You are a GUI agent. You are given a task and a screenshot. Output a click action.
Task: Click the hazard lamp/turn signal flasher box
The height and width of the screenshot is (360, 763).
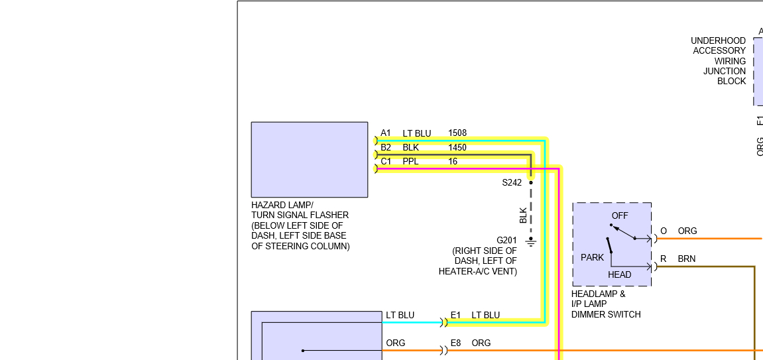click(x=309, y=159)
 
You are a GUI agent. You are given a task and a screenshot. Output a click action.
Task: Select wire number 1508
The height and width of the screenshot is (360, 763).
click(x=457, y=133)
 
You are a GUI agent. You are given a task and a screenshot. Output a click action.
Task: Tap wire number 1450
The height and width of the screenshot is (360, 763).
click(x=457, y=147)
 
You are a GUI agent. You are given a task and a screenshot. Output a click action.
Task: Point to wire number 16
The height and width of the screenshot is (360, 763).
click(x=453, y=161)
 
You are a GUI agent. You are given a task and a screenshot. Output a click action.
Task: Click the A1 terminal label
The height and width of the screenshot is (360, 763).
click(x=386, y=133)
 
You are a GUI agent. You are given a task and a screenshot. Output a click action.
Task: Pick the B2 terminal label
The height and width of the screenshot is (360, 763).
click(x=386, y=147)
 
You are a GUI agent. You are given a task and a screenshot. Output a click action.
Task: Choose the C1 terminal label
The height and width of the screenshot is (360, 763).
click(x=386, y=161)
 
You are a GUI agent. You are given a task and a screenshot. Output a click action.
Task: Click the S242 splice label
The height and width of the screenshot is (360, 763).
click(x=512, y=182)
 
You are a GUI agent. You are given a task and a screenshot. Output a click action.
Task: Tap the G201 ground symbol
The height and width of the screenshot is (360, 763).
click(x=531, y=243)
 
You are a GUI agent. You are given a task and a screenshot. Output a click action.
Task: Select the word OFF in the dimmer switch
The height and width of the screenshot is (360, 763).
click(x=620, y=215)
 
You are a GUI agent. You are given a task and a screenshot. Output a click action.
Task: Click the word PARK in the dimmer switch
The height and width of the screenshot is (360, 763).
click(x=592, y=257)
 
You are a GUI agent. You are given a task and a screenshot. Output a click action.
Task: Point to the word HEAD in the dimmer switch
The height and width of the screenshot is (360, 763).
click(x=620, y=274)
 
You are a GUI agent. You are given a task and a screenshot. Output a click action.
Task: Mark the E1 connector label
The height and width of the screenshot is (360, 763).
click(x=455, y=315)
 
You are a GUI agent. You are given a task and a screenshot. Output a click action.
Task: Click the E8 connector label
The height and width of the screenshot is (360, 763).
click(x=455, y=343)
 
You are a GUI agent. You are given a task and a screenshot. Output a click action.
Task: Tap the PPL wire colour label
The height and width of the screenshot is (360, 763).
click(x=411, y=161)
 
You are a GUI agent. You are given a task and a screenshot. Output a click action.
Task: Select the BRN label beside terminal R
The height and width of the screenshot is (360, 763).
click(x=687, y=259)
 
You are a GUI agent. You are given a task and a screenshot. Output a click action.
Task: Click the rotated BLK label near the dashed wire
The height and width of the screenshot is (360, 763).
click(x=523, y=215)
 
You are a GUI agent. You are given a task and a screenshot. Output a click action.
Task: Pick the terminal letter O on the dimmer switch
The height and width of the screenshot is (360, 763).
click(x=664, y=231)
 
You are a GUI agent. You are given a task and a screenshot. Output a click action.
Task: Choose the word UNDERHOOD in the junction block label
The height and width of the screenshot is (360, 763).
click(x=718, y=40)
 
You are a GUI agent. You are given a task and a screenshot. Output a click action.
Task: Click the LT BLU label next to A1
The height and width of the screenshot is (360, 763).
click(x=416, y=133)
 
